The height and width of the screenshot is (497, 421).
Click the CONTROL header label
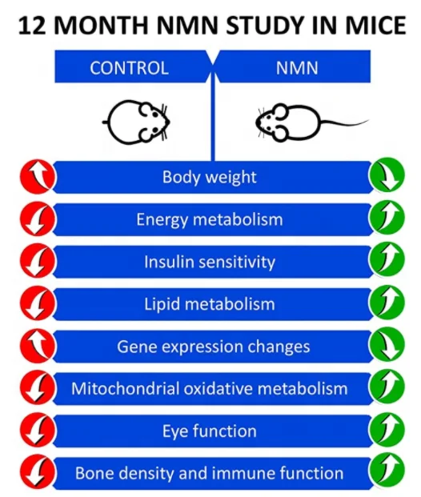point(129,68)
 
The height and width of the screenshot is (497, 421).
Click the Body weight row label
point(210,177)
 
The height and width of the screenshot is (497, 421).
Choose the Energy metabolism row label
point(210,219)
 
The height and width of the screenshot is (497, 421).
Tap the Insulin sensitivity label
point(210,262)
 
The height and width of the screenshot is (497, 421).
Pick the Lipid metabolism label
point(210,304)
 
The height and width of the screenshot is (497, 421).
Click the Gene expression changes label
point(210,347)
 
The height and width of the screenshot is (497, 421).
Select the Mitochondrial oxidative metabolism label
point(210,389)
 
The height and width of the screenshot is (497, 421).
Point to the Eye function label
point(210,431)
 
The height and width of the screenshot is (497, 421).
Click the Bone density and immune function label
point(210,473)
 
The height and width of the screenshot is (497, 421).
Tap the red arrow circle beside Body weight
point(38,177)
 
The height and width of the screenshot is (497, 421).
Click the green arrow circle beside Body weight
point(386,177)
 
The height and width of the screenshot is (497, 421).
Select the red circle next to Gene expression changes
point(38,347)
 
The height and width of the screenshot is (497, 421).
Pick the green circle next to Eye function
point(386,431)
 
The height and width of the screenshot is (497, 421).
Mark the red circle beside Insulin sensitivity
point(38,262)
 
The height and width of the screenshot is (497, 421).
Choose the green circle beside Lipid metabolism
point(386,304)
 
